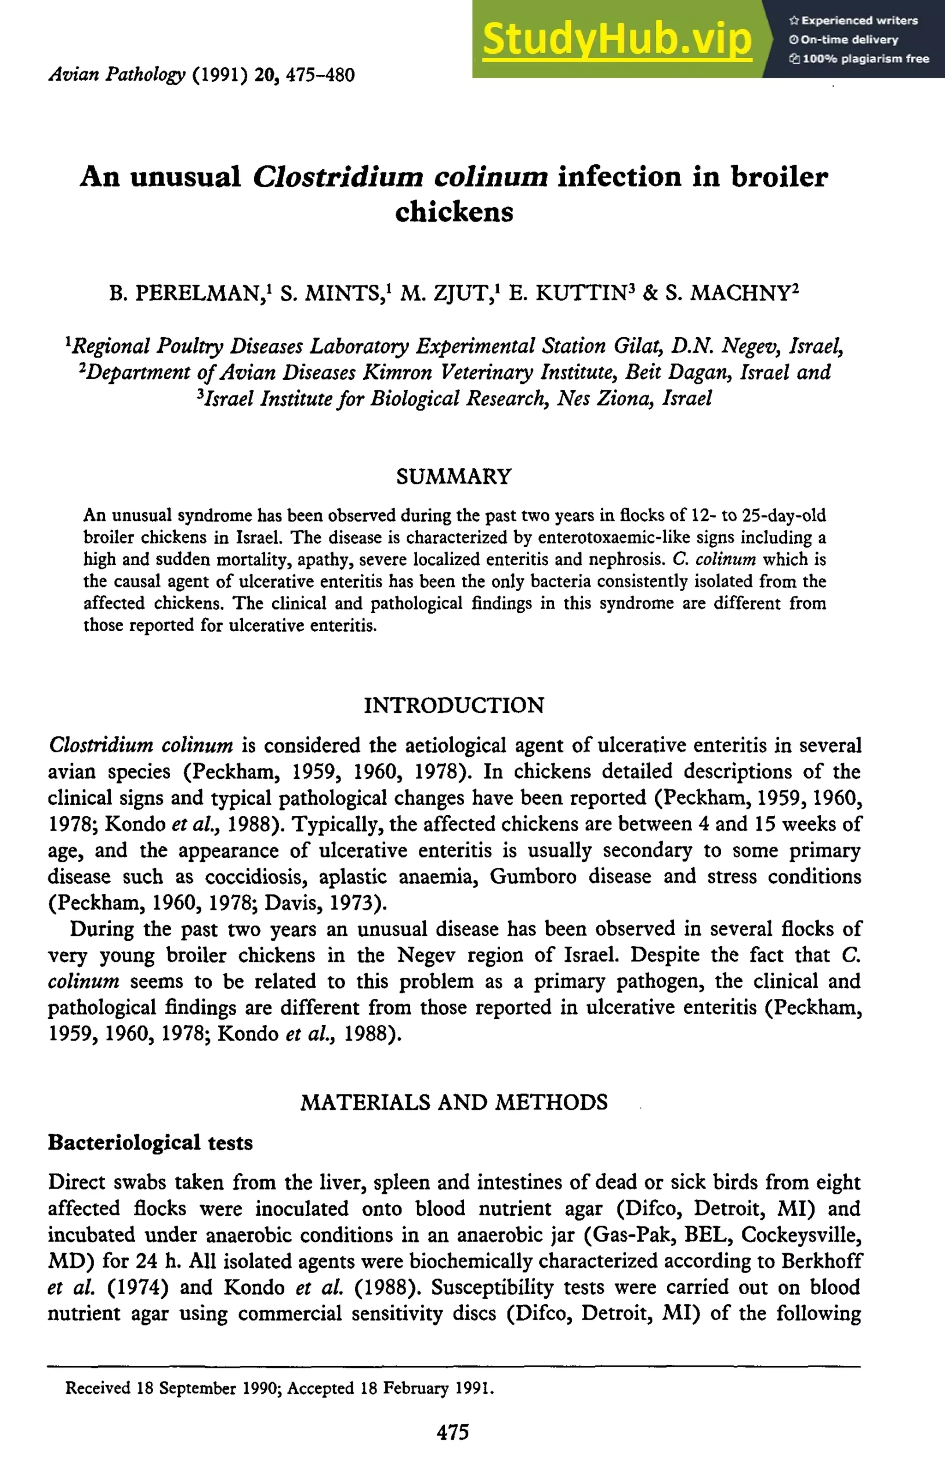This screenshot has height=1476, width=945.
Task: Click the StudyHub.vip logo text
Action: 617,39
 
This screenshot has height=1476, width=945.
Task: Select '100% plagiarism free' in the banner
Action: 859,59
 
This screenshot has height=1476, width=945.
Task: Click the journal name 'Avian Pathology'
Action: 117,75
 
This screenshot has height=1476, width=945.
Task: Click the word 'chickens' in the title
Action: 454,212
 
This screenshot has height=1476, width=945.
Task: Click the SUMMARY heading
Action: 454,477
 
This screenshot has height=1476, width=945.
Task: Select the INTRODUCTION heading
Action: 454,705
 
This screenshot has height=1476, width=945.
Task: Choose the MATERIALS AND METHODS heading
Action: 454,1102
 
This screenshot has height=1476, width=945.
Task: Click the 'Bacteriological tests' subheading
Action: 150,1142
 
